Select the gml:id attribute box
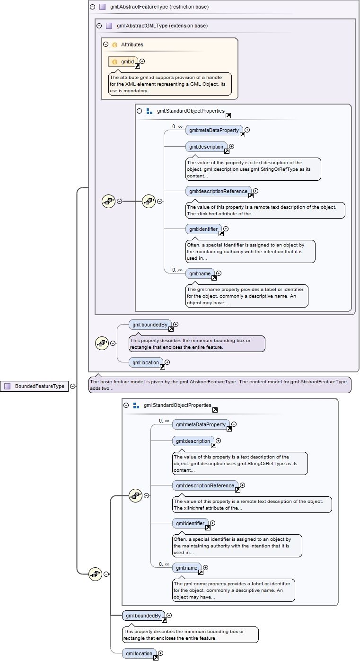(123, 62)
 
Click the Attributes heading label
(132, 44)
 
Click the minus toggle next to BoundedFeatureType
(72, 386)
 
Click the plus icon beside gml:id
(142, 61)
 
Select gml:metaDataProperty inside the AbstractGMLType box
(214, 130)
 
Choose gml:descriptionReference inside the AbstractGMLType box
(218, 191)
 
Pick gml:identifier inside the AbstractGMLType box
(203, 229)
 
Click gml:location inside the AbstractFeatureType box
(146, 362)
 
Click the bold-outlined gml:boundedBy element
(143, 616)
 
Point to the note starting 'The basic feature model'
(220, 385)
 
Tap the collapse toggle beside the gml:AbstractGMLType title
(99, 26)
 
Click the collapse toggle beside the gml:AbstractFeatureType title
(92, 7)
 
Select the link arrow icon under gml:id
(137, 66)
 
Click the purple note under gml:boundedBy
(196, 344)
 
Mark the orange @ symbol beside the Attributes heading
(114, 44)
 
